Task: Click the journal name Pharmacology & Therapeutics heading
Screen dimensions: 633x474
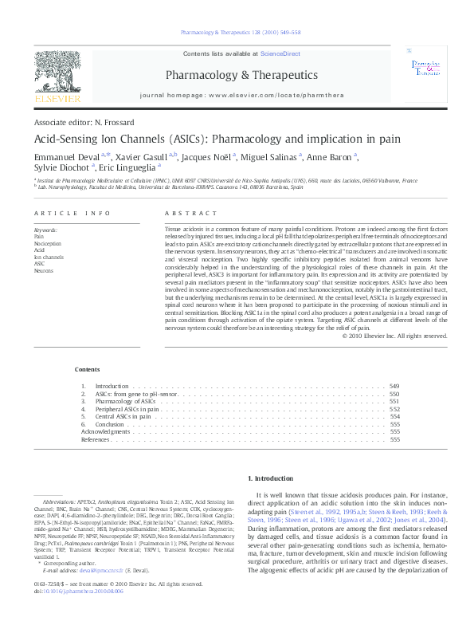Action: coord(241,75)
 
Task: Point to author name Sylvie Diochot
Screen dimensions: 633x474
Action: coord(61,167)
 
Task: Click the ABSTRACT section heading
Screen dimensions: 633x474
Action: coord(190,214)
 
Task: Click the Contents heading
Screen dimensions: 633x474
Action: coord(88,369)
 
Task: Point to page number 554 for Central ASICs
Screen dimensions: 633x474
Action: coord(394,416)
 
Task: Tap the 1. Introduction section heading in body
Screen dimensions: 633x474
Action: coord(272,478)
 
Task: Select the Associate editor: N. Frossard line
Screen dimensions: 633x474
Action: coord(84,122)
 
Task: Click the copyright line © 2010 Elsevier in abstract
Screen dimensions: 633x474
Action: coord(394,336)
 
